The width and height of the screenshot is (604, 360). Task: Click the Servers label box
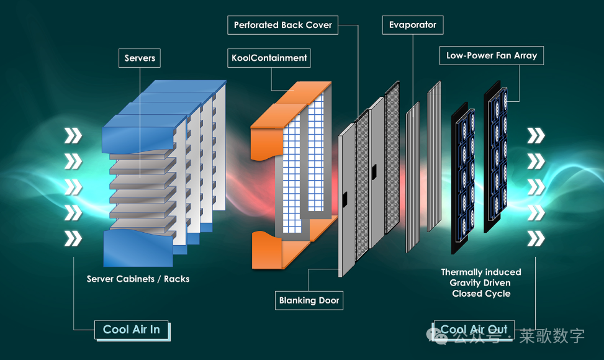(x=140, y=58)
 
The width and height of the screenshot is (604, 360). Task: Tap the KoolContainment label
(x=269, y=58)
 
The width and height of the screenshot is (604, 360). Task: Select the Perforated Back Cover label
(x=282, y=25)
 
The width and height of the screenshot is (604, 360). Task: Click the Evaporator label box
(x=413, y=25)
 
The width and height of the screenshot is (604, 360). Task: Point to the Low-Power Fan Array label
(x=492, y=55)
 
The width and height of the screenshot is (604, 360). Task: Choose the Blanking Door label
(x=309, y=300)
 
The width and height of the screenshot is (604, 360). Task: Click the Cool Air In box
(x=132, y=330)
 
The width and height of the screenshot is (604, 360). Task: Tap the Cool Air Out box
(x=474, y=330)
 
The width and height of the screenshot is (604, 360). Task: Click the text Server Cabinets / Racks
(x=138, y=279)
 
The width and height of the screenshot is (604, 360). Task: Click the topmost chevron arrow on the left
(x=73, y=135)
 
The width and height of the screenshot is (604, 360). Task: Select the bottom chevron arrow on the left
(x=73, y=238)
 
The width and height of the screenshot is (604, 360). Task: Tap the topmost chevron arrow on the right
(x=536, y=135)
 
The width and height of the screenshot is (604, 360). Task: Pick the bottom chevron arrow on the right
(x=536, y=238)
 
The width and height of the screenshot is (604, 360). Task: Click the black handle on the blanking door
(x=343, y=199)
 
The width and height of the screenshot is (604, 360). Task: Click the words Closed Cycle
(x=481, y=294)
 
